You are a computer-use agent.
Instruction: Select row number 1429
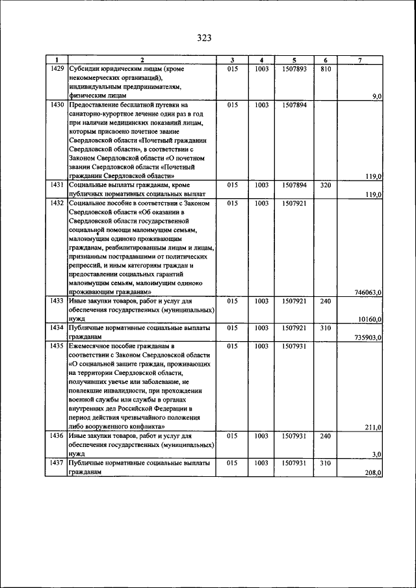(57, 68)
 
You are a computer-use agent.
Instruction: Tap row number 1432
(57, 203)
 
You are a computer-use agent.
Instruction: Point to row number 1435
(57, 347)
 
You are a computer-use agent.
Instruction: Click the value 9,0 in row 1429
(376, 96)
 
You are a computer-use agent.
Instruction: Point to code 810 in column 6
(326, 68)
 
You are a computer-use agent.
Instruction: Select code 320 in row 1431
(326, 185)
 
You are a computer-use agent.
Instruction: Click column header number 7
(360, 60)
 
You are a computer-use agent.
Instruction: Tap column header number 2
(142, 60)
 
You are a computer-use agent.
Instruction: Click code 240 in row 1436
(326, 437)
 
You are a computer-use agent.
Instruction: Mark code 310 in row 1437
(326, 464)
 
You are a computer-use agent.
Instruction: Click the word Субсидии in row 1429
(86, 68)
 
